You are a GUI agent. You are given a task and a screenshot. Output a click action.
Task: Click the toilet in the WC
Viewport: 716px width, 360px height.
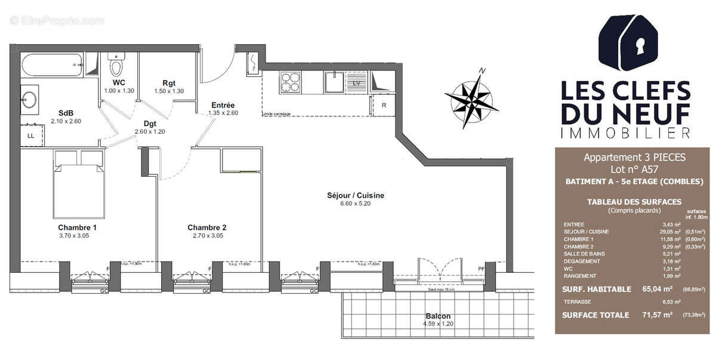click(x=116, y=64)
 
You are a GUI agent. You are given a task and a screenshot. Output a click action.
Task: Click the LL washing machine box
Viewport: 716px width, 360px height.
click(x=31, y=136)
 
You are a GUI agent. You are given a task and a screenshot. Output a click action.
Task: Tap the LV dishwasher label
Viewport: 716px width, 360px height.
click(x=357, y=83)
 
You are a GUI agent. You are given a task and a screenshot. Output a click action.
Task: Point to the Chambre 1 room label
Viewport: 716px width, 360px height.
click(x=77, y=227)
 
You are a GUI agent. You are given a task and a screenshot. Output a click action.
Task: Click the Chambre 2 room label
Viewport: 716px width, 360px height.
click(x=206, y=227)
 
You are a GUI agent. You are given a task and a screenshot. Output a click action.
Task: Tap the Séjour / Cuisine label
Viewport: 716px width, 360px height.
click(x=355, y=195)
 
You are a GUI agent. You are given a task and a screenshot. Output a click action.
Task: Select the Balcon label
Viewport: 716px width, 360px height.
click(x=438, y=316)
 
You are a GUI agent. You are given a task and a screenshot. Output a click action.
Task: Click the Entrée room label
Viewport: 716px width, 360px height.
click(x=223, y=105)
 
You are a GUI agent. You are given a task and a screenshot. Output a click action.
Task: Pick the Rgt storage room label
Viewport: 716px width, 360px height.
click(x=169, y=83)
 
